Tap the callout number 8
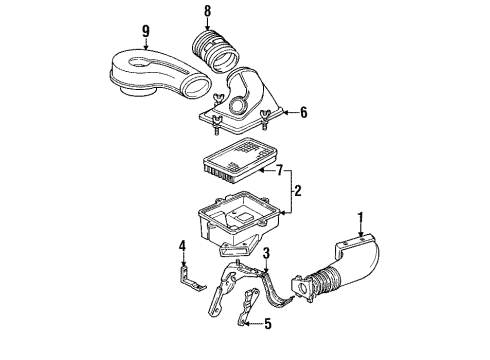pyautogui.click(x=208, y=14)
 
